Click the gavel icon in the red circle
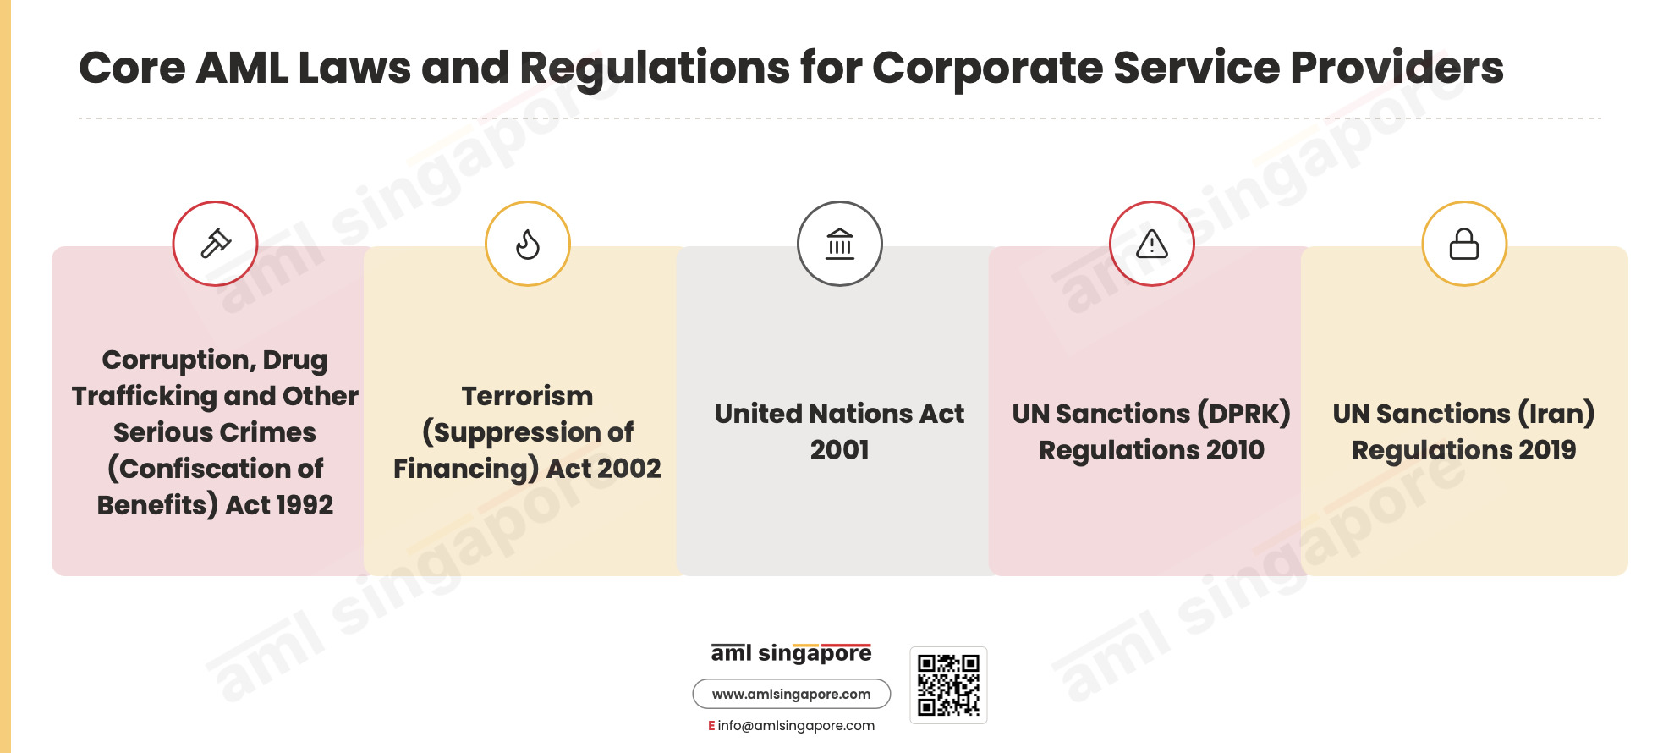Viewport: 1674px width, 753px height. pos(215,244)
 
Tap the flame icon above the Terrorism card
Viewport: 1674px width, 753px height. pos(528,245)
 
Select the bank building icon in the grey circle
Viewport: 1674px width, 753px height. pos(840,244)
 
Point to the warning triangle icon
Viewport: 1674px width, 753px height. pos(1152,244)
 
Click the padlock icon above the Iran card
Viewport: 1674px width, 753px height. pos(1464,244)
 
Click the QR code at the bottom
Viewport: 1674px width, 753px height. pos(948,685)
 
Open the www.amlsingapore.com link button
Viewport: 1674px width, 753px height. pos(792,694)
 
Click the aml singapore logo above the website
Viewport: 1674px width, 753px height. pos(792,653)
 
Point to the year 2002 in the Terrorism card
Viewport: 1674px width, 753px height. pos(628,469)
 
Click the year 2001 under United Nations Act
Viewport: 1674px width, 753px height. pos(840,450)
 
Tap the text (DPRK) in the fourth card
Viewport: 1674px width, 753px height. pos(1244,414)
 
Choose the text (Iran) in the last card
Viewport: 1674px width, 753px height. pos(1556,414)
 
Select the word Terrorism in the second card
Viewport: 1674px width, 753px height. pos(528,396)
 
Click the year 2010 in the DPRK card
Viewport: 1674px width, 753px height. pos(1236,450)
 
